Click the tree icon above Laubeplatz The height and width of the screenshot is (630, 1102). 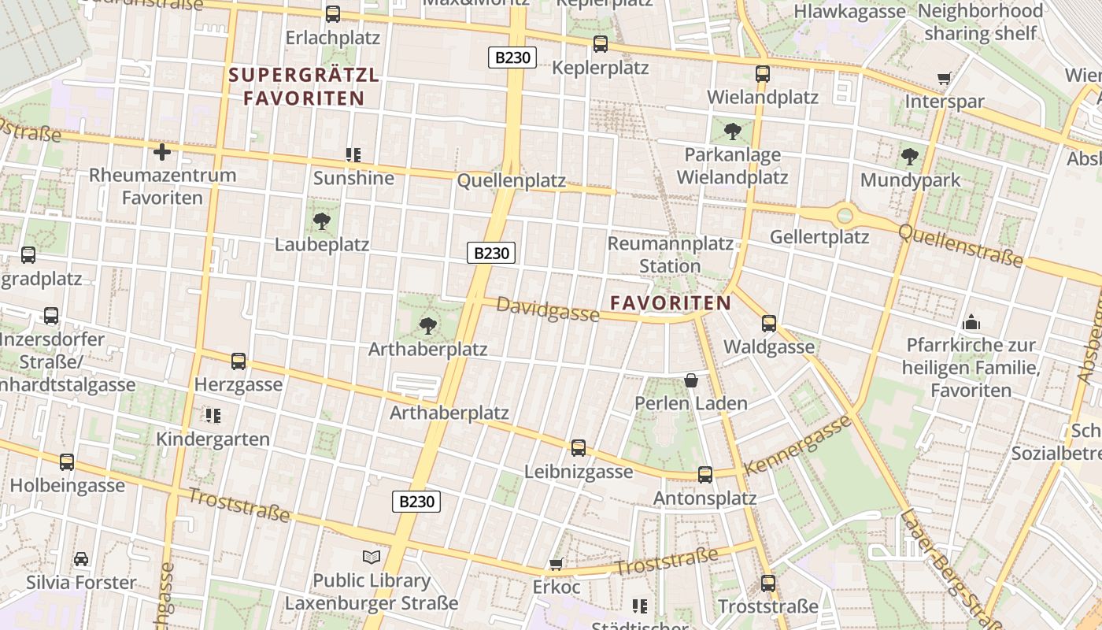coord(321,220)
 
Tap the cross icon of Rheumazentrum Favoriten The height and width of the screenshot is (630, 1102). coord(162,151)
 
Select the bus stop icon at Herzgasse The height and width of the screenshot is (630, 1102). coord(239,361)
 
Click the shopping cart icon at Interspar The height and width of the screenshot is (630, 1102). coord(944,78)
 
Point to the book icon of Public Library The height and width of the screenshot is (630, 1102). coord(372,558)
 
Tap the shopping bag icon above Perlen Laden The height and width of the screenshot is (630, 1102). coord(691,380)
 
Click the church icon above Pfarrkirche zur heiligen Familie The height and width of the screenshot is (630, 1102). coord(971,322)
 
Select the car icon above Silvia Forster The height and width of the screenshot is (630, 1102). coord(81,559)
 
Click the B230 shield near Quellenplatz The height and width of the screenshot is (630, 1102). coord(491,253)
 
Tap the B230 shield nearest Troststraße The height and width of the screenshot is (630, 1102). coord(416,502)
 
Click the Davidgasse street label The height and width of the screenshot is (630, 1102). coord(548,309)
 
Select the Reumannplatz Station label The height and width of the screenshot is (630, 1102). coord(670,254)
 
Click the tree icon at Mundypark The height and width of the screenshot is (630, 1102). coord(910,157)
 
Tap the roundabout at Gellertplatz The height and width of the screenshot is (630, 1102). coord(845,214)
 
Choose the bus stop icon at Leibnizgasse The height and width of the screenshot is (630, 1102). coord(579,448)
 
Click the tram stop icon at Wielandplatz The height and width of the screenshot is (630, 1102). coord(762,74)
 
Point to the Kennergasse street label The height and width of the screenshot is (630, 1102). coord(797,445)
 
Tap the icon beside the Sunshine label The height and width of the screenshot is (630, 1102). coord(353,155)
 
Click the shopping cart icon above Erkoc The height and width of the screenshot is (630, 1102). coord(556,564)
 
